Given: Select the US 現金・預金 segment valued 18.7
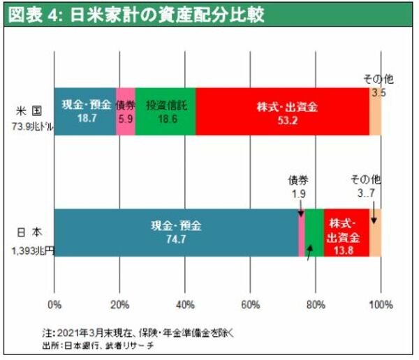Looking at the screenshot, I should point(84,111).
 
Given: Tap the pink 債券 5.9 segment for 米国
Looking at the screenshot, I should point(125,111).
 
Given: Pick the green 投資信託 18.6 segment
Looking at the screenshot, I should point(166,111).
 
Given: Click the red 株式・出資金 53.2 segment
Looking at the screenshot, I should point(282,111).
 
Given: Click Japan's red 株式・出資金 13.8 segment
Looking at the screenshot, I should point(346,232).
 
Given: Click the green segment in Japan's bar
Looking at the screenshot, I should point(314,232).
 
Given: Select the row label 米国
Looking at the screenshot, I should point(30,110).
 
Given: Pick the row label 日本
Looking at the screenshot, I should point(30,232).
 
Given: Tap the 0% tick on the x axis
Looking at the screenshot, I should point(54,304).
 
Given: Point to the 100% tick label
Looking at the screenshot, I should point(381,304).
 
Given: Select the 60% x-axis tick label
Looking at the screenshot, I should point(250,304).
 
